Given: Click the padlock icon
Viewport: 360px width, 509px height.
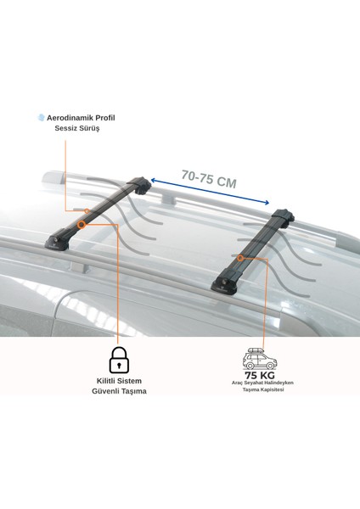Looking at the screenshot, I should pyautogui.click(x=119, y=358).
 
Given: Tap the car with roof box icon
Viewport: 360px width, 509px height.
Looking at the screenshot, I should pyautogui.click(x=259, y=359).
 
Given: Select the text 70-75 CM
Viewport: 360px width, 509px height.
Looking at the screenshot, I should pyautogui.click(x=209, y=179).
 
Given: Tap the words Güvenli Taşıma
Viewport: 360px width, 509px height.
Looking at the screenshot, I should pyautogui.click(x=119, y=391).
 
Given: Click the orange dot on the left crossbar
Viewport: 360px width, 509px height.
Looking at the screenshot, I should pyautogui.click(x=82, y=225).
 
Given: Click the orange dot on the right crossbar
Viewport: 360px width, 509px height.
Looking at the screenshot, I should pyautogui.click(x=240, y=257).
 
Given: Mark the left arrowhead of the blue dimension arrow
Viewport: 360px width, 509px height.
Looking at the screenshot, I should pyautogui.click(x=153, y=180).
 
